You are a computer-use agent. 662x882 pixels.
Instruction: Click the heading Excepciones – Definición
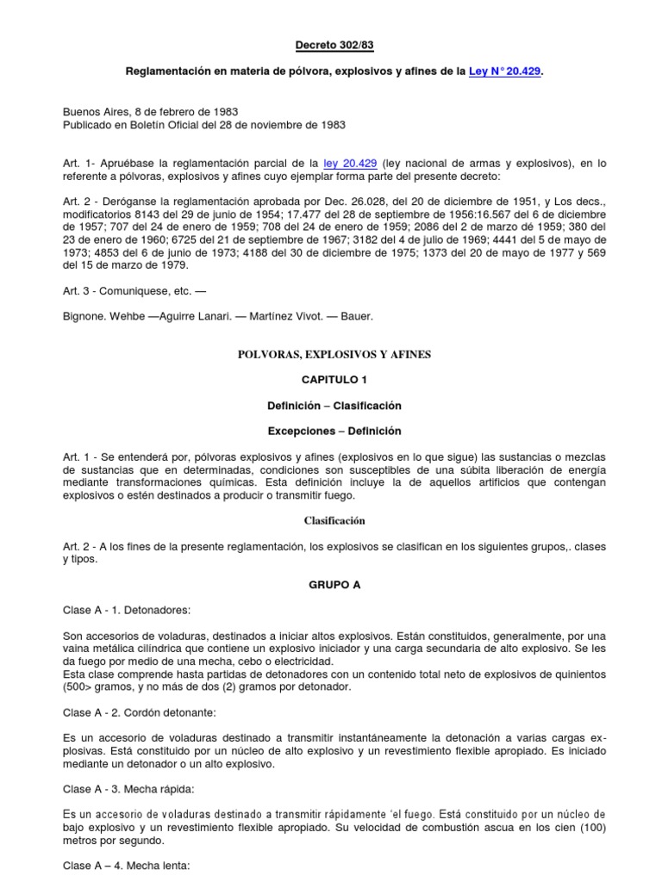pyautogui.click(x=334, y=431)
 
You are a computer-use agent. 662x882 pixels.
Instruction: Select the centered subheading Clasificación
pyautogui.click(x=334, y=520)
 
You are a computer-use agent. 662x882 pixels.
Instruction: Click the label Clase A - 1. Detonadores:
pyautogui.click(x=126, y=609)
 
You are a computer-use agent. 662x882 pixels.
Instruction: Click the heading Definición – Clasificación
pyautogui.click(x=334, y=405)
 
